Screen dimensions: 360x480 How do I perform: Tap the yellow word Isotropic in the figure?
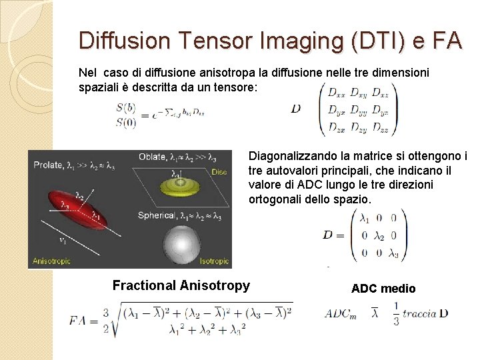coord(211,262)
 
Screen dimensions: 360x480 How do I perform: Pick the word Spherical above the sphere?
coord(157,215)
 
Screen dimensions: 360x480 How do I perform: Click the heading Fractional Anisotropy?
coord(181,286)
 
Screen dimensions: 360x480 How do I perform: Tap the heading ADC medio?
coord(383,289)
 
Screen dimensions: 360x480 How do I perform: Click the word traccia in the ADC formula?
coord(420,313)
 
